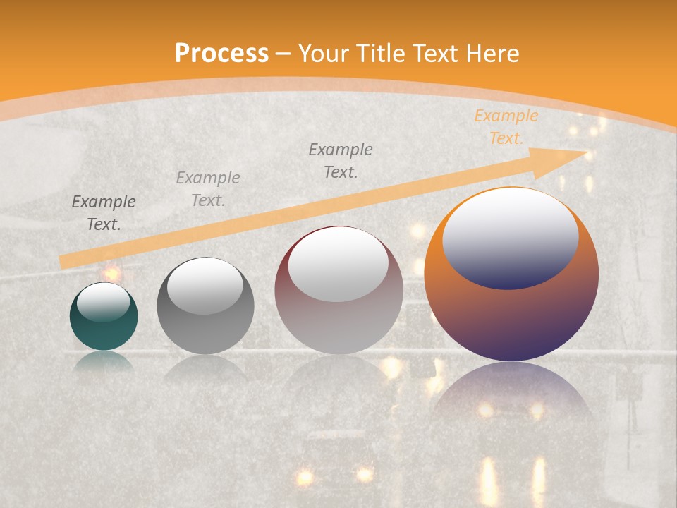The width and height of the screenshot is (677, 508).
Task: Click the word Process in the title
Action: [221, 54]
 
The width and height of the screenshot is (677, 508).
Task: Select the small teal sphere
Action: [104, 316]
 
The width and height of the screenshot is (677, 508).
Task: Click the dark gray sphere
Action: [205, 306]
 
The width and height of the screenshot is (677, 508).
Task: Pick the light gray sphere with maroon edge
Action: [338, 289]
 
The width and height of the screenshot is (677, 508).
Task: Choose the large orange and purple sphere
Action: [511, 275]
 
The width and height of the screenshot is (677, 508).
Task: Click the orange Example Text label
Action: [506, 127]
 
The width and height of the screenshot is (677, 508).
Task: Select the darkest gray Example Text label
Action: [104, 213]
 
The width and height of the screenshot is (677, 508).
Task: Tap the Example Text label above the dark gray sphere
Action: [207, 189]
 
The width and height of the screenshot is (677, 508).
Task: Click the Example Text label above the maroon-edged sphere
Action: [341, 161]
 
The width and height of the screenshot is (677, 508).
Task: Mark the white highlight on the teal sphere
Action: [103, 301]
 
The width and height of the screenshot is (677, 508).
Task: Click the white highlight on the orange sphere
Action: [510, 236]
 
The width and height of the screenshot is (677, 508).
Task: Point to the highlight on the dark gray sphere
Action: [205, 285]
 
